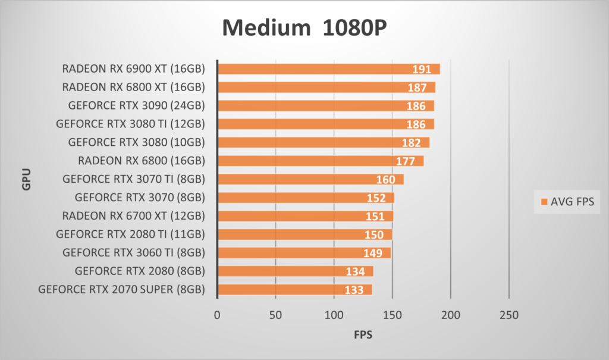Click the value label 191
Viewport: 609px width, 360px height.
point(422,70)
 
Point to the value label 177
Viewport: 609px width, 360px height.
point(405,161)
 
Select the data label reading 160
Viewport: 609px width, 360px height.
point(385,180)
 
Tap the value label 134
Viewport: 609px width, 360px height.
point(355,272)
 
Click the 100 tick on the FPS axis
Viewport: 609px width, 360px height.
point(334,315)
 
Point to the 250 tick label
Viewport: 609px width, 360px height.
point(509,315)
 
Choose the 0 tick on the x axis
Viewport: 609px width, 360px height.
point(217,315)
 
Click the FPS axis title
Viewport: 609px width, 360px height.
point(363,335)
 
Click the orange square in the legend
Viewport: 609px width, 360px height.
point(544,202)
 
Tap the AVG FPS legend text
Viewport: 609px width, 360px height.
point(572,202)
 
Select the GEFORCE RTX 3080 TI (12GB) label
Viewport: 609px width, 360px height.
point(130,124)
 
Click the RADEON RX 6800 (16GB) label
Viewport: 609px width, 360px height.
point(142,161)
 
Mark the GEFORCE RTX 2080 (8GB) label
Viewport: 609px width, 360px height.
point(140,271)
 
